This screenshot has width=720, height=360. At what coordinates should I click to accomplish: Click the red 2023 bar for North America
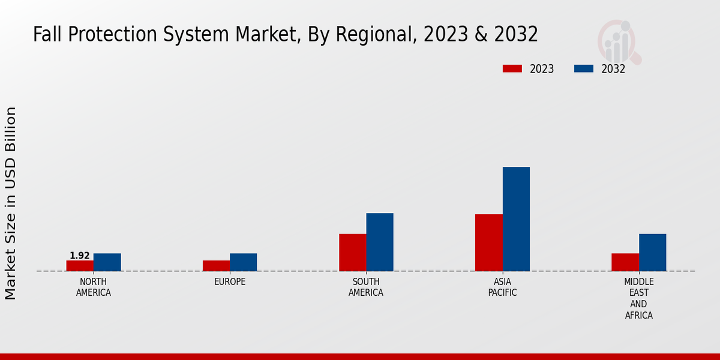[x=80, y=266]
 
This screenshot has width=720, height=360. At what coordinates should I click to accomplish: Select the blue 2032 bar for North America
[x=107, y=262]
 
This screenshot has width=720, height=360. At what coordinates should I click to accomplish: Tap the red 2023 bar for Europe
[x=216, y=266]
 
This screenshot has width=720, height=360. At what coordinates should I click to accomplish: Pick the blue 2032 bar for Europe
[x=243, y=262]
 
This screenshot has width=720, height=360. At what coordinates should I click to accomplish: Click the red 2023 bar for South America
[x=352, y=253]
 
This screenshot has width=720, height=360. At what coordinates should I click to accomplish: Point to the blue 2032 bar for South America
[x=380, y=242]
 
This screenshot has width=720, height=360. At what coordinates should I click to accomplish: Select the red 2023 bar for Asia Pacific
[x=488, y=243]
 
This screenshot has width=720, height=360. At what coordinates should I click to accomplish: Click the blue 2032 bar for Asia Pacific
[x=516, y=219]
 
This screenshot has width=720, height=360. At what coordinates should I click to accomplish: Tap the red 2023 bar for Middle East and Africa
[x=625, y=262]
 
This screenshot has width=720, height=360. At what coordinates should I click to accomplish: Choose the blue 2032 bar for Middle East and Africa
[x=652, y=253]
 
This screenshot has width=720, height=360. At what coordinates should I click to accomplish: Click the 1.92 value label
[x=80, y=256]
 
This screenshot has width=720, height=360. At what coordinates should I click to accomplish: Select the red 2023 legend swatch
[x=512, y=69]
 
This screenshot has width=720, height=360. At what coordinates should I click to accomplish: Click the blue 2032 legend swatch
[x=584, y=69]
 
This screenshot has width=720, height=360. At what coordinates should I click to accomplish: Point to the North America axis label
[x=94, y=287]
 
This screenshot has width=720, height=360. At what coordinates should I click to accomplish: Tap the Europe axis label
[x=230, y=282]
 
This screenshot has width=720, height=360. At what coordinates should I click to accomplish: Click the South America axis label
[x=366, y=287]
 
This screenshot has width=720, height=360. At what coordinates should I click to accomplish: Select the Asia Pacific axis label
[x=502, y=287]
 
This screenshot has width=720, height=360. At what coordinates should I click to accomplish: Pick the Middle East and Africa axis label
[x=639, y=298]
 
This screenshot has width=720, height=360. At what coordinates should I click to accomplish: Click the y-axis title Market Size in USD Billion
[x=11, y=203]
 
